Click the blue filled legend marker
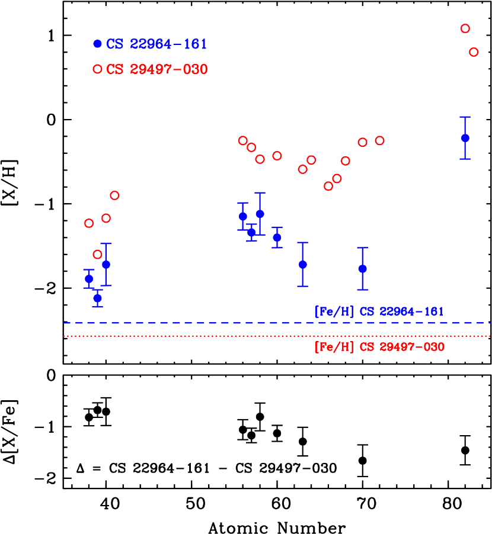pos(98,44)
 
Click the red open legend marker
pos(98,69)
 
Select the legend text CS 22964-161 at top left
pos(156,44)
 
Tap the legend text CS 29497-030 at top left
pos(156,70)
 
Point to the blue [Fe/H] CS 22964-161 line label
pos(379,311)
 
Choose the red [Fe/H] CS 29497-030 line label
pos(379,347)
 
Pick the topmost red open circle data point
pos(465,28)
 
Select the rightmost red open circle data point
pos(474,52)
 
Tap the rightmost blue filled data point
pos(465,138)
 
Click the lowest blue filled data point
pos(98,298)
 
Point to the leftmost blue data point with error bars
pos(89,278)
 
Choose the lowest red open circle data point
pos(98,255)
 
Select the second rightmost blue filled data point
pos(363,269)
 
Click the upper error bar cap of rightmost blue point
pos(465,117)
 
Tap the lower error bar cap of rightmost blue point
pos(465,159)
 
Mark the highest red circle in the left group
pos(115,195)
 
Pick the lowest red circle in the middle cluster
pos(328,186)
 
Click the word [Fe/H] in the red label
pos(334,347)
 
